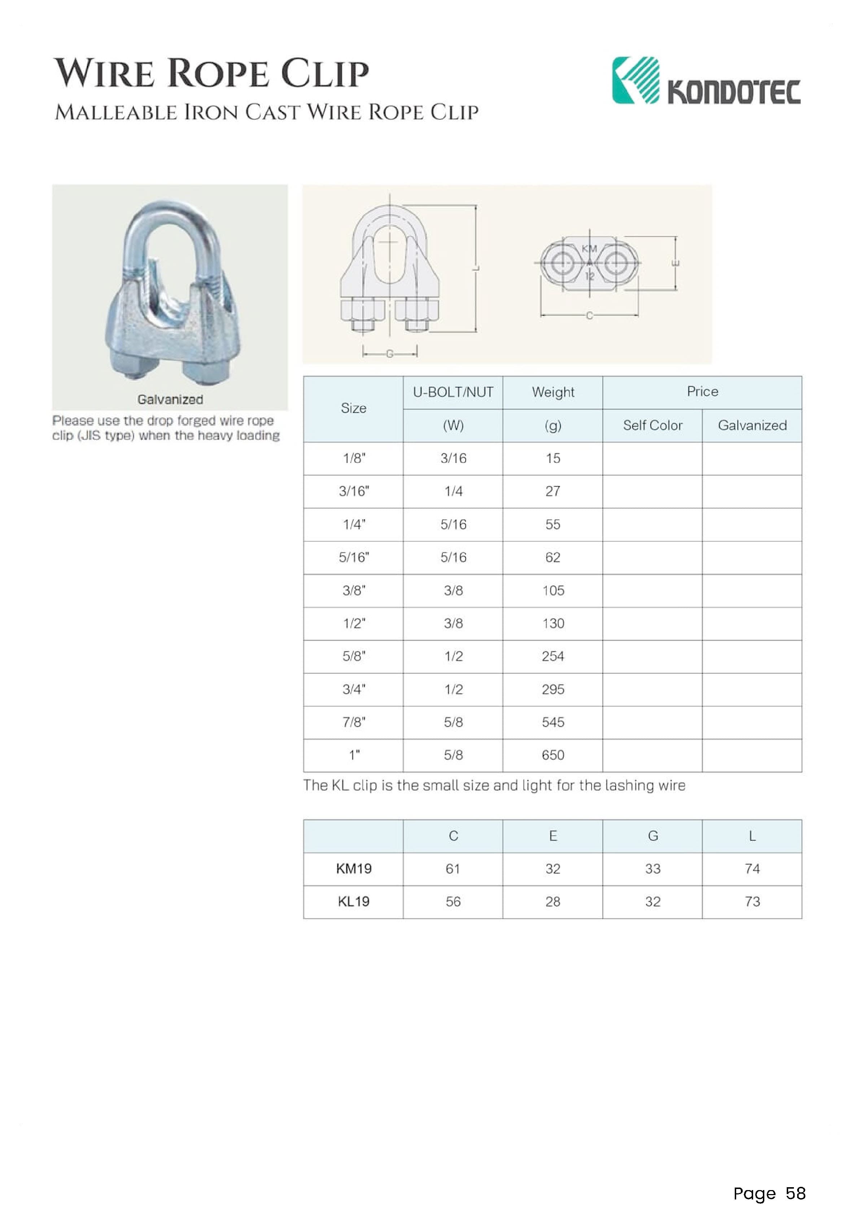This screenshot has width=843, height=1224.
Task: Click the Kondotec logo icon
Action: pyautogui.click(x=636, y=80)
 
